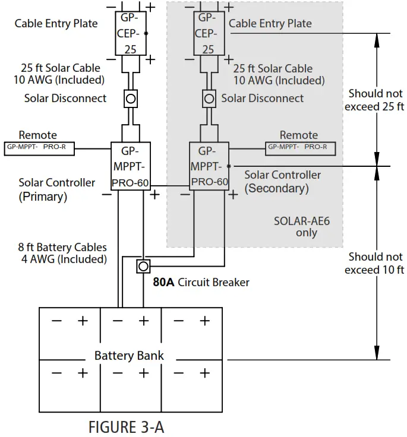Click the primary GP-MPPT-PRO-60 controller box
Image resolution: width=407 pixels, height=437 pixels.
point(131,166)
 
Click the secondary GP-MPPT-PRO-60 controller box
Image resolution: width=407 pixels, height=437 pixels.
point(209,166)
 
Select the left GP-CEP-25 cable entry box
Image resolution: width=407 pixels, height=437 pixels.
point(131,33)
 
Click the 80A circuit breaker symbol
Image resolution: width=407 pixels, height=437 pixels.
point(143,266)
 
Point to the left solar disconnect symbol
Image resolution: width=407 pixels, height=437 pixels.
point(131,98)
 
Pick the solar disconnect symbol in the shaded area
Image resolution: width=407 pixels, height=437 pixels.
point(209,98)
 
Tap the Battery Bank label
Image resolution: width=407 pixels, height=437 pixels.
point(129,356)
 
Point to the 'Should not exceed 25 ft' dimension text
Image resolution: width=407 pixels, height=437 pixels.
point(375,100)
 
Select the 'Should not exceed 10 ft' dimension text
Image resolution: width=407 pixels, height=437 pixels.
point(375,263)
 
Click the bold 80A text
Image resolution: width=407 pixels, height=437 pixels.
point(163,283)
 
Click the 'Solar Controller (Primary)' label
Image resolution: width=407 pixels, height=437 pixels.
point(56,189)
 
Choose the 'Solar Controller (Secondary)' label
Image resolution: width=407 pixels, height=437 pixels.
point(282,182)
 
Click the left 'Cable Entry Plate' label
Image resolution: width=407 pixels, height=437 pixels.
point(56,23)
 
